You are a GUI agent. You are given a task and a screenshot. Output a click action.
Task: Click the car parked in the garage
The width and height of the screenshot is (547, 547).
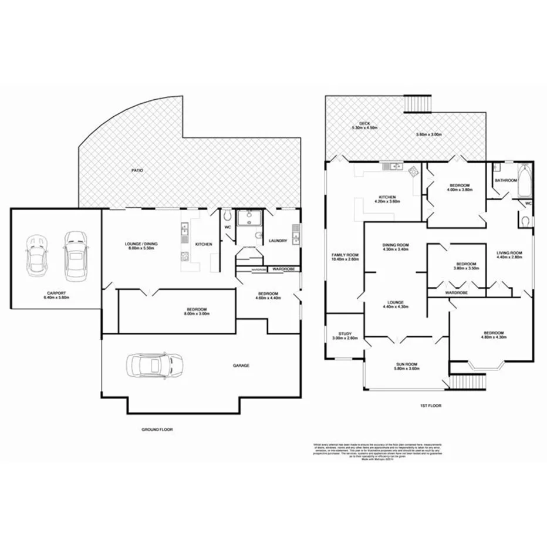click(154, 365)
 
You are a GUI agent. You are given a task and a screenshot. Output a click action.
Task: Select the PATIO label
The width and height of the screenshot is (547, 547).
click(137, 170)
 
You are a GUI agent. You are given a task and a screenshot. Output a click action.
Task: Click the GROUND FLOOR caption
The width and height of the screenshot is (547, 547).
click(157, 429)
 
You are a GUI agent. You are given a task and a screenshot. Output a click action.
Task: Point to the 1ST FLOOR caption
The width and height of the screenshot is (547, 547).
click(431, 406)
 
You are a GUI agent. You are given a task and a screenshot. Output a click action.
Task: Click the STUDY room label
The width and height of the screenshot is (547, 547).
click(344, 333)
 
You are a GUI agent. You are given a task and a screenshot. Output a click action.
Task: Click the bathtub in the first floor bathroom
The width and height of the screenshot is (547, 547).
click(525, 181)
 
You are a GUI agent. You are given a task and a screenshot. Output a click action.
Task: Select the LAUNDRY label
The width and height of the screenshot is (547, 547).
click(278, 241)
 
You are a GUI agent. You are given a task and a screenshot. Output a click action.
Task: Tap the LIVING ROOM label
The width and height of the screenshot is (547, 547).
click(508, 252)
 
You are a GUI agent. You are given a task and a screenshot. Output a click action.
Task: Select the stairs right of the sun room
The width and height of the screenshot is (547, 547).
click(471, 381)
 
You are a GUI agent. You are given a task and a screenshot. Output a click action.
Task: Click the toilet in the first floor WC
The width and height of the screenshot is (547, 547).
click(524, 221)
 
